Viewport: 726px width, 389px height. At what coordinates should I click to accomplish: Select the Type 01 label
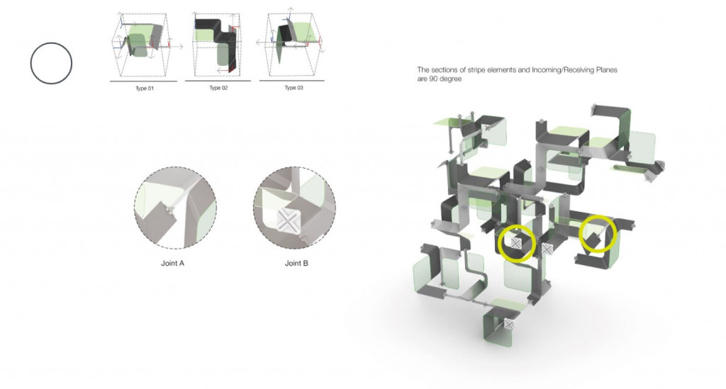[145, 88]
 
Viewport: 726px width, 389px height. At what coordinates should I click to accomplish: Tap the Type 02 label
[218, 87]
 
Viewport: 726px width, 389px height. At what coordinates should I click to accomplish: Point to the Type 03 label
[294, 87]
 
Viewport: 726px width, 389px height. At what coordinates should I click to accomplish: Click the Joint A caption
[173, 263]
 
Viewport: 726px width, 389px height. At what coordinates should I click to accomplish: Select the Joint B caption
[296, 263]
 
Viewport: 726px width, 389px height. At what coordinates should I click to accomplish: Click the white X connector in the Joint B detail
[288, 222]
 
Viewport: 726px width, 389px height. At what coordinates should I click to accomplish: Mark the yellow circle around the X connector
[517, 226]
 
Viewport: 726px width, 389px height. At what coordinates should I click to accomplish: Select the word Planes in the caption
[608, 70]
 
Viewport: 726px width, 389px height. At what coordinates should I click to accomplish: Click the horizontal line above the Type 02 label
[218, 81]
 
